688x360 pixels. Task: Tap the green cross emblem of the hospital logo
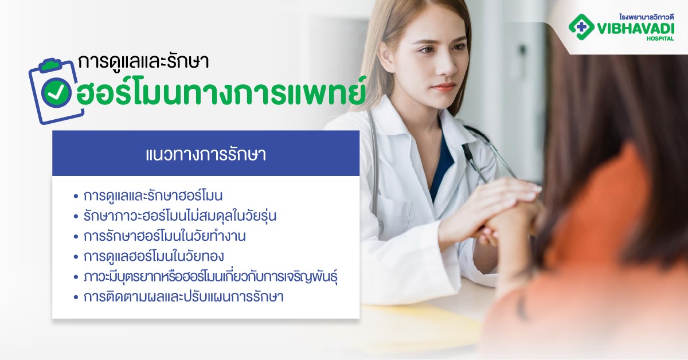(x=581, y=26)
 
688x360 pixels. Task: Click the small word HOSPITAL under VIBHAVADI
(x=660, y=39)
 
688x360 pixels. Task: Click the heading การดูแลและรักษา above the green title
(x=143, y=62)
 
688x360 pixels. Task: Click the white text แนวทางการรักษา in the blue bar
(x=206, y=155)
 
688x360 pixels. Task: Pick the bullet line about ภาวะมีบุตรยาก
(x=209, y=276)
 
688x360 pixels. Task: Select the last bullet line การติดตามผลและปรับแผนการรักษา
(x=183, y=297)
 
